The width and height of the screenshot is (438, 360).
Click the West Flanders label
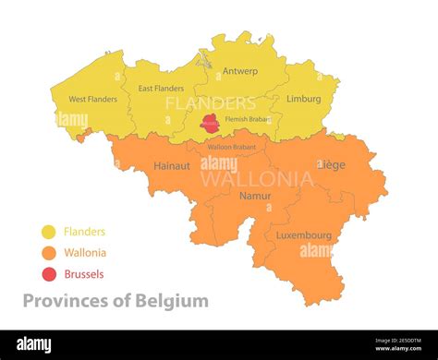click(93, 99)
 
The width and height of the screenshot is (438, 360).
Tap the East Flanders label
click(161, 89)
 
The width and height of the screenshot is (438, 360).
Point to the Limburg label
click(304, 99)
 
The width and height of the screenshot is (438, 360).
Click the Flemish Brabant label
click(249, 119)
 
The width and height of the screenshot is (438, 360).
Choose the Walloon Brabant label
click(232, 147)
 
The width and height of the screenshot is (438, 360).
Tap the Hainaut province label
click(171, 166)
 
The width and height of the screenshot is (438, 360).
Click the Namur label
click(255, 196)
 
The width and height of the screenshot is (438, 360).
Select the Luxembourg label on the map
click(303, 234)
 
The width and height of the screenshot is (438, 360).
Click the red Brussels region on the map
click(211, 122)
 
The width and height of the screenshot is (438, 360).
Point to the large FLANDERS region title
click(211, 103)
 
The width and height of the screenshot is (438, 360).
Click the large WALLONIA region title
click(257, 178)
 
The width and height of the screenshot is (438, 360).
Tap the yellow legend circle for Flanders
click(49, 233)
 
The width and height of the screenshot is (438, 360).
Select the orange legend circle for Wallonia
click(49, 253)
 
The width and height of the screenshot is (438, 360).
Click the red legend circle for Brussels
click(49, 274)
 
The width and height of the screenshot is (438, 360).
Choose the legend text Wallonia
click(85, 253)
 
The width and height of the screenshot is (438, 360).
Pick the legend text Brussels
click(84, 274)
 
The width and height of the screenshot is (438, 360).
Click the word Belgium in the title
click(172, 301)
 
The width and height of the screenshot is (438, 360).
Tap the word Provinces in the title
click(67, 301)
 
